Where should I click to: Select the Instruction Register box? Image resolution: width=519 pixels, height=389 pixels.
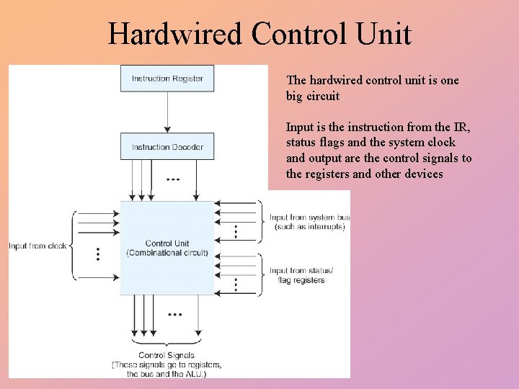167,79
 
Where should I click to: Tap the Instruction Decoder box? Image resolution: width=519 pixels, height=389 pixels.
167,147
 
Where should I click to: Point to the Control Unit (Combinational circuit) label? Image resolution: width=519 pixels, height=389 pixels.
167,248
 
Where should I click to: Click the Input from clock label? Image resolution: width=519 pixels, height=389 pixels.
37,246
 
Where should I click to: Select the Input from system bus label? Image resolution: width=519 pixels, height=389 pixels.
310,221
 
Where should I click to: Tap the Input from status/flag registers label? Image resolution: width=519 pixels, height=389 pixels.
301,275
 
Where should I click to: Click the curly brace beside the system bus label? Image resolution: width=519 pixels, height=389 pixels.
262,221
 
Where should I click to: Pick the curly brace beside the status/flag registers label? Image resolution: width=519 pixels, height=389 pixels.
262,274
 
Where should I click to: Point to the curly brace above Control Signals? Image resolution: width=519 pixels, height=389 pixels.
167,344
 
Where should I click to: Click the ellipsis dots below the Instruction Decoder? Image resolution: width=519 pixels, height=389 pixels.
173,179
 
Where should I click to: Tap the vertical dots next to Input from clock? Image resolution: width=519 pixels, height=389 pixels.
98,254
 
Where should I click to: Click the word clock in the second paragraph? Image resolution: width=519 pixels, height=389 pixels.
440,143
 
